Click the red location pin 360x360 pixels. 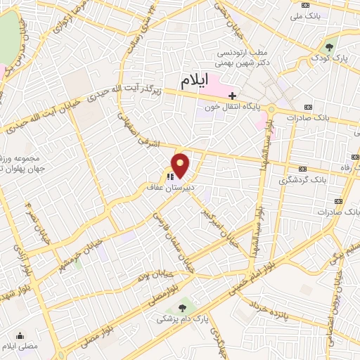pos(181,166)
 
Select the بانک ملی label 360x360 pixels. pos(308,15)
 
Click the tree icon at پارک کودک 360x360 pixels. pos(328,46)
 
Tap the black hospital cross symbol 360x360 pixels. pos(232,95)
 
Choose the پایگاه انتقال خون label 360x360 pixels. pos(233,108)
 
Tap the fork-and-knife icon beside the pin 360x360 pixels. pos(169,176)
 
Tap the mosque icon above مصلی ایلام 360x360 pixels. pos(20,335)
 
